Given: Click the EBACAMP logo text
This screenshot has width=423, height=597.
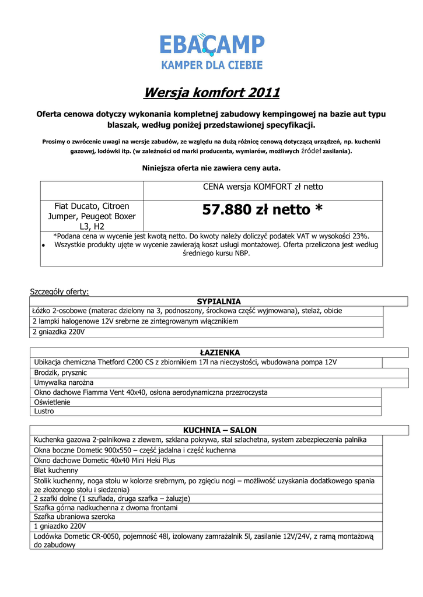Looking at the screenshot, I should [x=212, y=44].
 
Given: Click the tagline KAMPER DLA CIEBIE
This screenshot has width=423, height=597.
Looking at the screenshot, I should [x=212, y=65].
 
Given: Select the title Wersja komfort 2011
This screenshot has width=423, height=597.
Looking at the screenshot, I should [x=212, y=93].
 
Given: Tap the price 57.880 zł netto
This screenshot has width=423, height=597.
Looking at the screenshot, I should [x=263, y=210].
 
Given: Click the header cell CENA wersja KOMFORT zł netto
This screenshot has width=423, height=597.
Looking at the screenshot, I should [x=263, y=187].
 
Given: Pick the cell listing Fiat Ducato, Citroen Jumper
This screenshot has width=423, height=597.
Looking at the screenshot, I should [x=92, y=216].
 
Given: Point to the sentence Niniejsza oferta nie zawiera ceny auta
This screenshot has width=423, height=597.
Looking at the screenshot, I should [x=212, y=168].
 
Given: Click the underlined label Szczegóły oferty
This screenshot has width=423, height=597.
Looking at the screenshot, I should [x=60, y=292].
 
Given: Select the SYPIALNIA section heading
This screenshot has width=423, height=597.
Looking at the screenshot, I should [x=219, y=301].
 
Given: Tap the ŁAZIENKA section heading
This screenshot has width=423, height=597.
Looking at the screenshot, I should [x=219, y=353].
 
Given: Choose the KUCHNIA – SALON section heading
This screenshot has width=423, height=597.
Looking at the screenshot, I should [x=219, y=430].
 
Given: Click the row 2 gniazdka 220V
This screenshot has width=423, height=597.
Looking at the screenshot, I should [x=59, y=332].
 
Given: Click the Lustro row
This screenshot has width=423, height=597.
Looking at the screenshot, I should [x=44, y=411].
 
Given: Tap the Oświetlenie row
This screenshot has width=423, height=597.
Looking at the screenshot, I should [x=52, y=402].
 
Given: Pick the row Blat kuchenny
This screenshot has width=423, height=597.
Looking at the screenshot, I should [x=56, y=470].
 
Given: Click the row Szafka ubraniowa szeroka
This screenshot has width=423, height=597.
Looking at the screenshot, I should [x=74, y=517].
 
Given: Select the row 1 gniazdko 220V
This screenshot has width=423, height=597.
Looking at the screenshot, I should [x=60, y=526].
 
